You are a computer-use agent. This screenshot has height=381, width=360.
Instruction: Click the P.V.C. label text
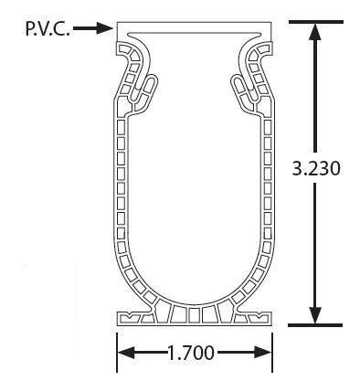point(48,29)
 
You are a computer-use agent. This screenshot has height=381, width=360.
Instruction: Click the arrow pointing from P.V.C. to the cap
point(93,28)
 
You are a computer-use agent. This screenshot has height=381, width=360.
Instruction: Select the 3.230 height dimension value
point(315,168)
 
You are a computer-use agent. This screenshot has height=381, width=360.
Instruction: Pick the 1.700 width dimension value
point(191,353)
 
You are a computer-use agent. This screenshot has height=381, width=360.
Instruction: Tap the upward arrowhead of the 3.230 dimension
point(315,32)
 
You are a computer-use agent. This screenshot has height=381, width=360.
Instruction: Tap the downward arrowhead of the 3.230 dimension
point(315,315)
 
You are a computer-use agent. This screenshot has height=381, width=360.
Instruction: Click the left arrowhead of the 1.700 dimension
point(126,353)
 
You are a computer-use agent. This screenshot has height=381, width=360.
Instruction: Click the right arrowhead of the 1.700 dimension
point(262,353)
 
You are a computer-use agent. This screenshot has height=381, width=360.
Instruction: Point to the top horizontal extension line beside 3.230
point(316,22)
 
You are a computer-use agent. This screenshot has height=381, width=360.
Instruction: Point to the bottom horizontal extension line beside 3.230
point(315,325)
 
